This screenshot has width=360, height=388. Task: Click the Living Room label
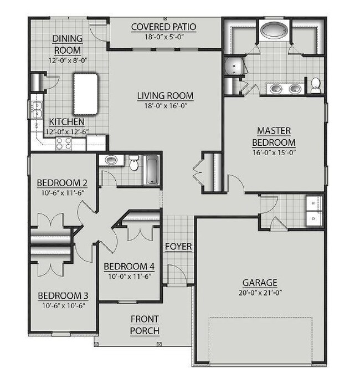pos(166,96)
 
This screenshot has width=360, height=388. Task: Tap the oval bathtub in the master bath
pos(275,30)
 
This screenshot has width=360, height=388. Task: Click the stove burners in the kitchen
pos(64,144)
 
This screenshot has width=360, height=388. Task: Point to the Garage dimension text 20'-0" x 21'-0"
pos(260,293)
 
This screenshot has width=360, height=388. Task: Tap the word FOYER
pos(178,247)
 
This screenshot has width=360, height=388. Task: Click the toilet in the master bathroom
pos(316,85)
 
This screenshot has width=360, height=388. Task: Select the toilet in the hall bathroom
pos(134,162)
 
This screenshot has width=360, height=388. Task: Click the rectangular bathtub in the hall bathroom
pos(151,170)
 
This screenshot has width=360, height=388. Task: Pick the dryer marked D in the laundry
pos(314,219)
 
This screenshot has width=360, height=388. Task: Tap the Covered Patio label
pos(164,27)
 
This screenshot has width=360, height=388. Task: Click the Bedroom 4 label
pos(129,267)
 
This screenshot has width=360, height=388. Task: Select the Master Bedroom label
pos(274,136)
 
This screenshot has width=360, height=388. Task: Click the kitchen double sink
pos(37,110)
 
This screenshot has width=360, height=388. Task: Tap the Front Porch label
pos(145,325)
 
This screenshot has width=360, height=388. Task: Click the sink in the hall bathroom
pos(111,160)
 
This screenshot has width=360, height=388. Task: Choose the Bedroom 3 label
pos(63,295)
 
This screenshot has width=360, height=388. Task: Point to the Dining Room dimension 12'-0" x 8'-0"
pos(68,60)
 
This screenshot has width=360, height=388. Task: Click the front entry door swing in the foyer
pos(177,274)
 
